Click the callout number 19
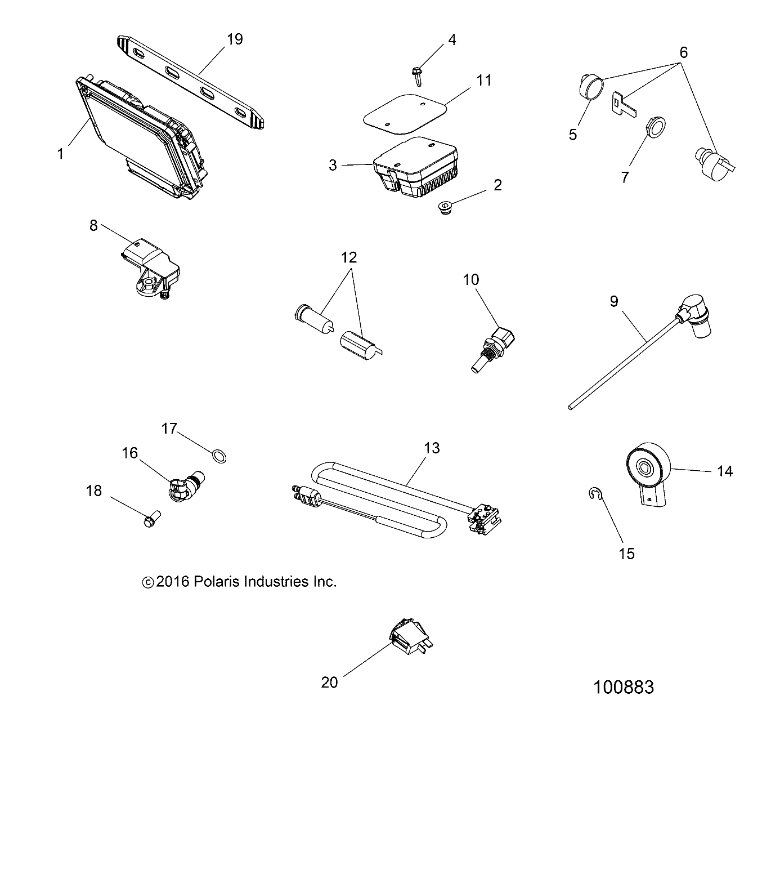coord(235,39)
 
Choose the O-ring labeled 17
coord(219,456)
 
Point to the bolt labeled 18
coord(151,518)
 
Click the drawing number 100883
coord(624,688)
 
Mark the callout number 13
coord(432,448)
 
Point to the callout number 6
coord(683,52)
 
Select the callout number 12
coord(349,257)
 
